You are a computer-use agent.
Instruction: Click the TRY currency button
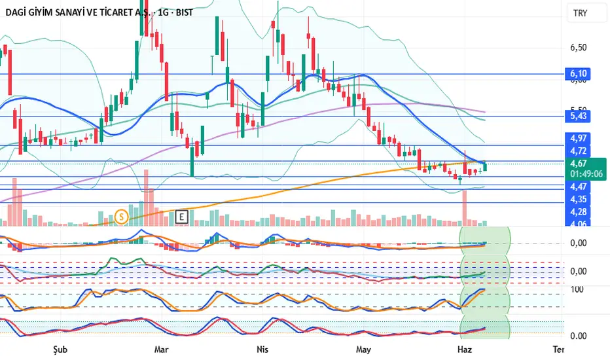[580, 13]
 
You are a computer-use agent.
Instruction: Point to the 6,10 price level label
[579, 74]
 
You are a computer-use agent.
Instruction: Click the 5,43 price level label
[579, 116]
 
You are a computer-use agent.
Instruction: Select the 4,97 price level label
[579, 138]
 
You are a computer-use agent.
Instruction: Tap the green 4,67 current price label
[579, 164]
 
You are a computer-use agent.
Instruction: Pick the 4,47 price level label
[579, 187]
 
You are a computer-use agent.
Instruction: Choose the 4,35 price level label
[579, 199]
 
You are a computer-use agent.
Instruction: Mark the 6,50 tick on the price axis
[579, 48]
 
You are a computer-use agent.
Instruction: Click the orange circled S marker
[121, 215]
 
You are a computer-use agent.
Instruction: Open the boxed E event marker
[182, 215]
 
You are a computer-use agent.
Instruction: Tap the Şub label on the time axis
[62, 349]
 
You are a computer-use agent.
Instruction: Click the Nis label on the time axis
[263, 349]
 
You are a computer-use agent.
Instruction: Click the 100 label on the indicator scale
[577, 289]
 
